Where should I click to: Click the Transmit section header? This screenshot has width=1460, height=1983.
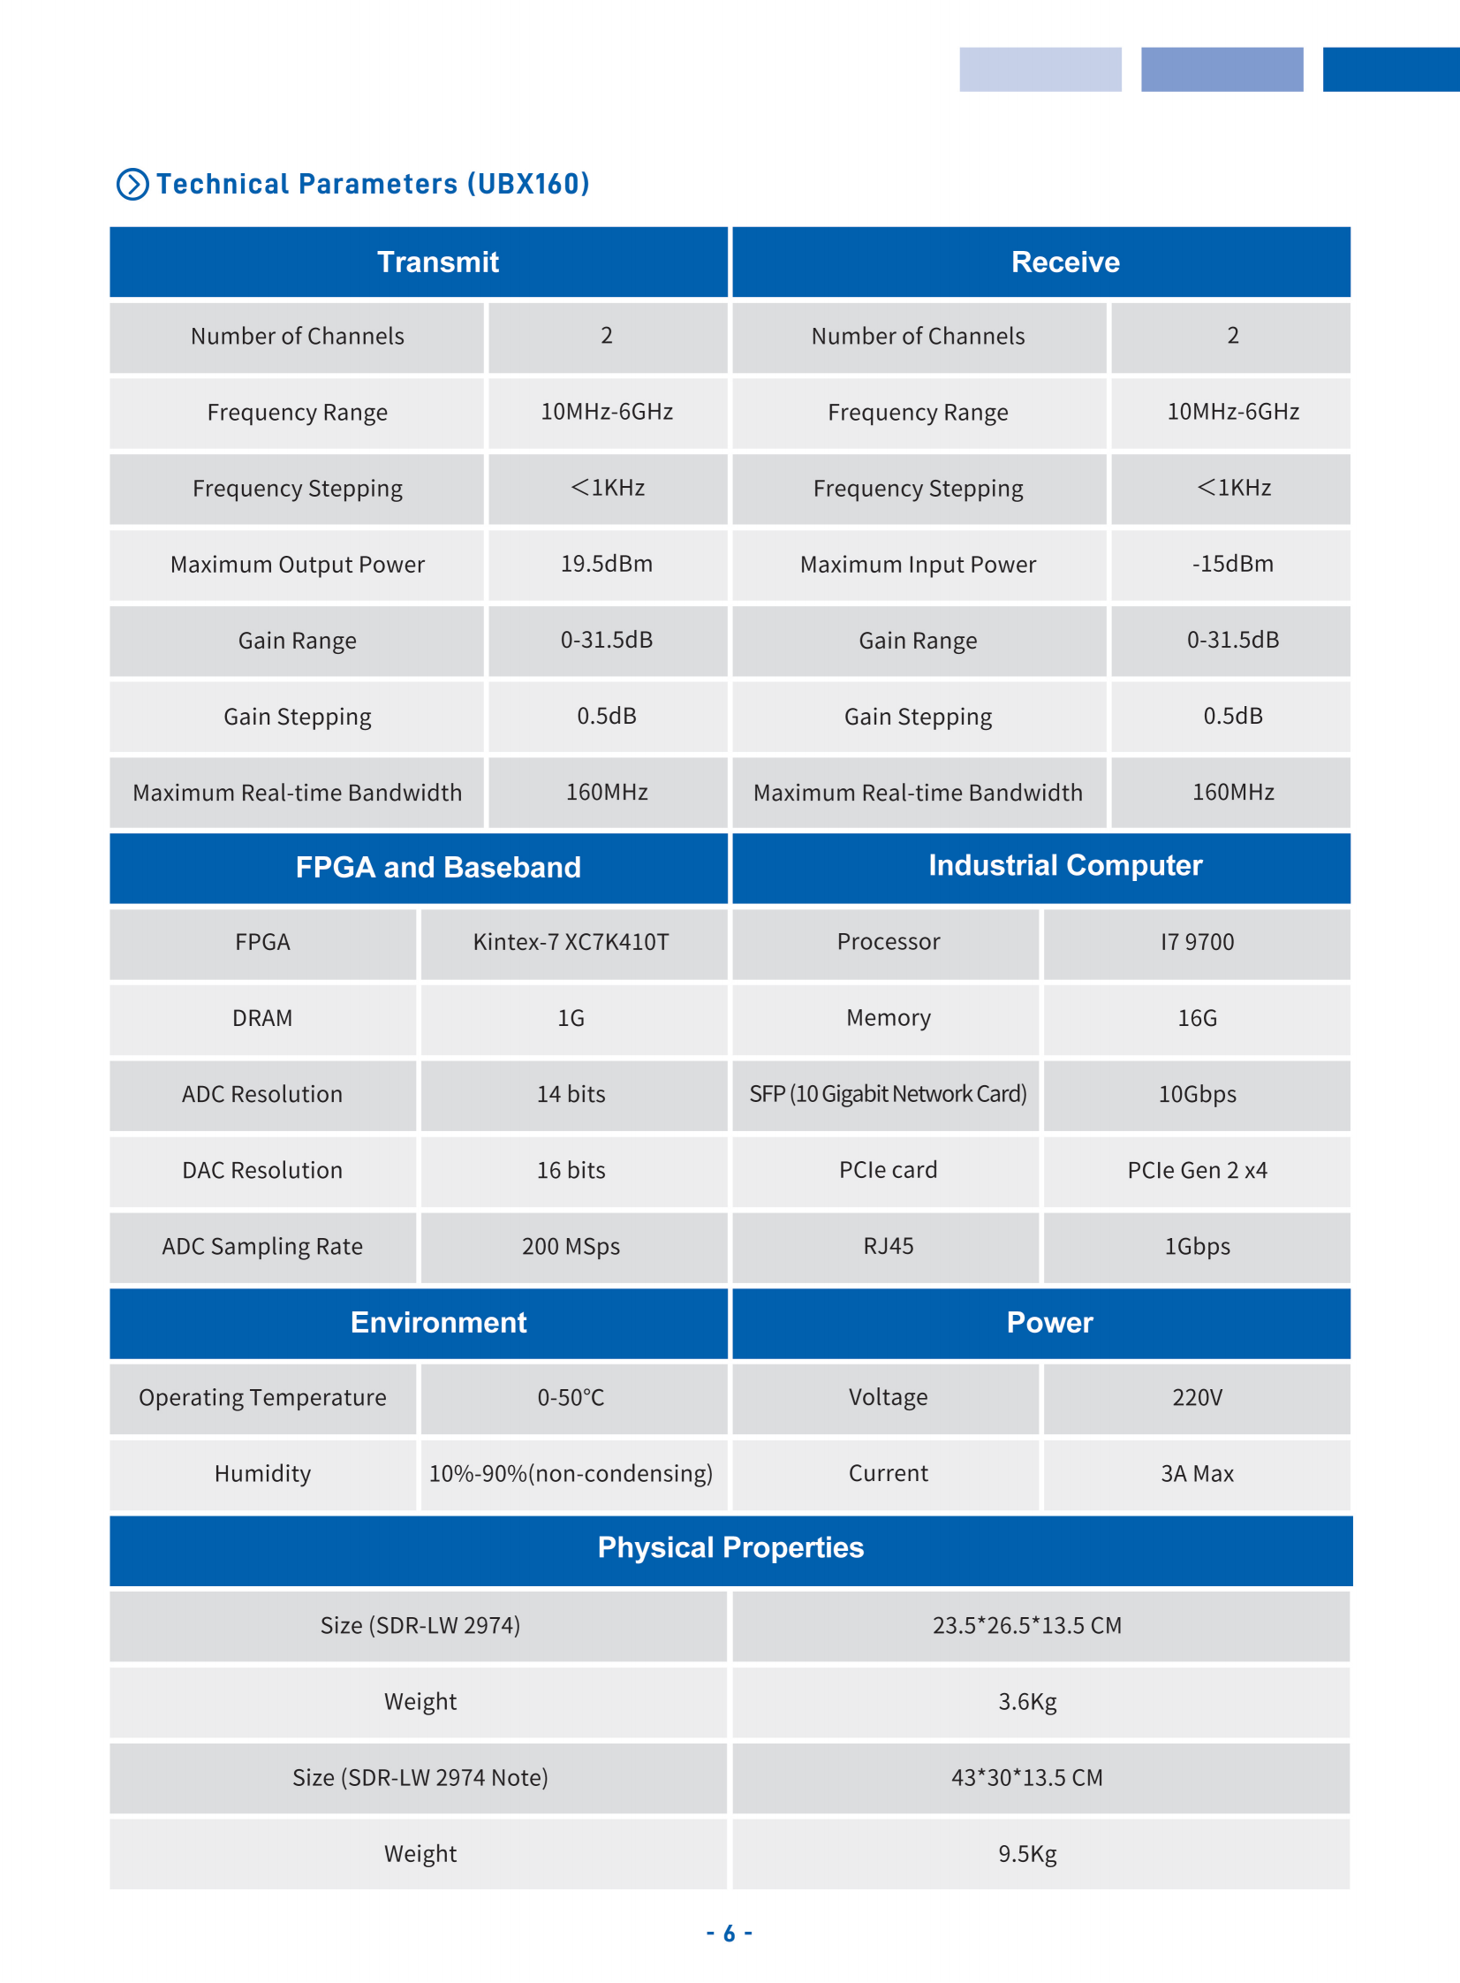click(x=437, y=262)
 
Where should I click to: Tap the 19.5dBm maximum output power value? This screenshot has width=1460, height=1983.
click(x=606, y=564)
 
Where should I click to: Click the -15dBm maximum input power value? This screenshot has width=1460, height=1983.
click(x=1232, y=564)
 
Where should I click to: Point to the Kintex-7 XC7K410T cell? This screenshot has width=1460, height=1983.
click(x=571, y=941)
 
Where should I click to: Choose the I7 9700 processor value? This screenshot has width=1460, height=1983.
click(x=1197, y=941)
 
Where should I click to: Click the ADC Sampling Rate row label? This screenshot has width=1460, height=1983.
click(x=261, y=1246)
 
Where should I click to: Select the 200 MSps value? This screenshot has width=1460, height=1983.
click(x=571, y=1246)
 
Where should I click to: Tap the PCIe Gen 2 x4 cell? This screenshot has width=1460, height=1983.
click(x=1197, y=1170)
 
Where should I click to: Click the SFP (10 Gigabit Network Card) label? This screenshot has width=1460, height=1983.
click(x=888, y=1094)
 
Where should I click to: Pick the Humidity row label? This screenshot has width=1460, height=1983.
click(x=261, y=1473)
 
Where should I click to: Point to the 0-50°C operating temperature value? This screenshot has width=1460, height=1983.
click(x=571, y=1397)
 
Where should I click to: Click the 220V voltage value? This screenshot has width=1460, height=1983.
click(x=1197, y=1397)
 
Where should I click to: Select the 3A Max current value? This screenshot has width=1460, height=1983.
click(x=1197, y=1473)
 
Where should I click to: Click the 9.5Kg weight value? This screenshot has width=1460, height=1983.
click(x=1027, y=1853)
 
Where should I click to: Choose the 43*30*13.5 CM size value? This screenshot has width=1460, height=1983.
click(x=1027, y=1777)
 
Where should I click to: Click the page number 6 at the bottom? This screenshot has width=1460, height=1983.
click(x=729, y=1934)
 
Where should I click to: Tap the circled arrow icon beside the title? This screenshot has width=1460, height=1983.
click(x=132, y=184)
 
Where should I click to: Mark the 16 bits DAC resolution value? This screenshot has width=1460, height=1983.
click(x=571, y=1170)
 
